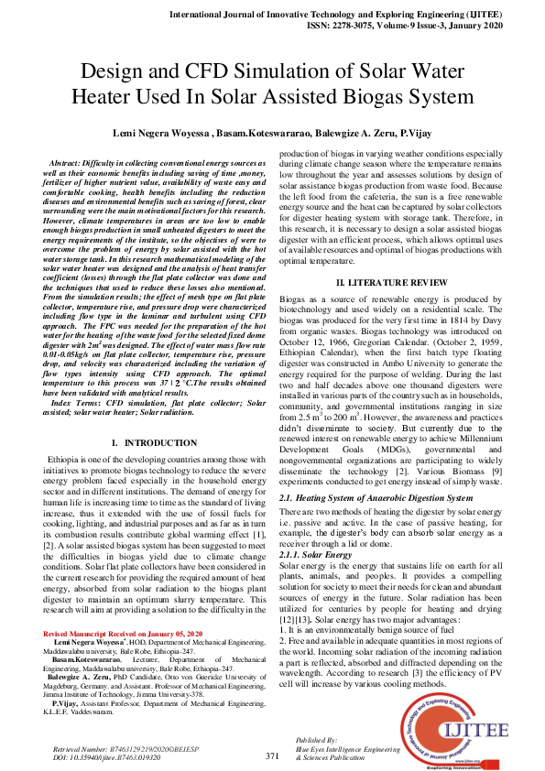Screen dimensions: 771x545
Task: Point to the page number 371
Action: point(272,755)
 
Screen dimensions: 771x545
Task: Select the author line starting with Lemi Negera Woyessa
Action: point(272,133)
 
